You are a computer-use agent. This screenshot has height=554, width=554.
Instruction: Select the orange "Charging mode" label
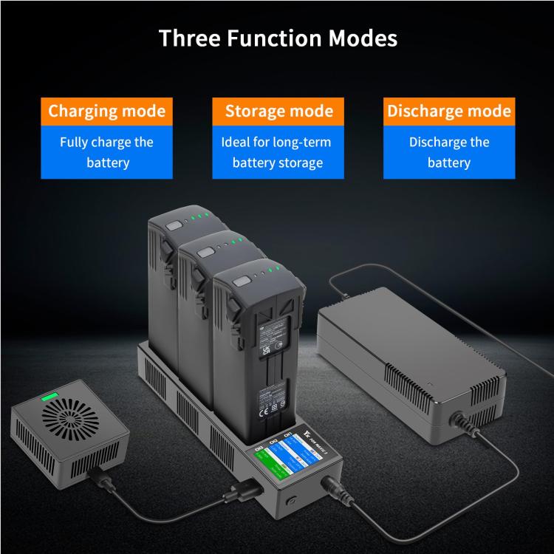coord(106,112)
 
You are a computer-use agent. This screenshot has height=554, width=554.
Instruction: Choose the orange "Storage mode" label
coord(278,112)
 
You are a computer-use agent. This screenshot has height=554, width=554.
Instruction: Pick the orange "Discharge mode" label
coord(449,112)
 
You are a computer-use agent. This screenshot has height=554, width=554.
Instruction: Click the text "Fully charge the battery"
coord(106,151)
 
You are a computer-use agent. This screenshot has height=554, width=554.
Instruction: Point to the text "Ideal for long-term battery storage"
coord(278,151)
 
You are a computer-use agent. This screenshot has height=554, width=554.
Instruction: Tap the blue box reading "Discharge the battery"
coord(449,151)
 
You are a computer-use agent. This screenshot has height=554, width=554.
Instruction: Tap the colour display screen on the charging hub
coord(281,464)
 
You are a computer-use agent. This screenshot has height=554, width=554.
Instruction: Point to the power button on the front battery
coord(242,281)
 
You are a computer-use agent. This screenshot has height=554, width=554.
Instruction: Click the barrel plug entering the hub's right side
coord(332,490)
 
